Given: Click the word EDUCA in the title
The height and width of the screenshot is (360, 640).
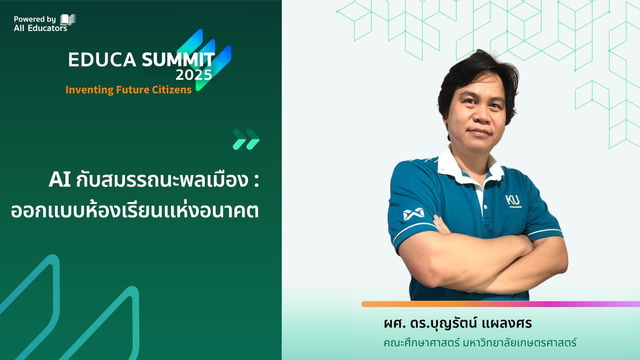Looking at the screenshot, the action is (x=102, y=60).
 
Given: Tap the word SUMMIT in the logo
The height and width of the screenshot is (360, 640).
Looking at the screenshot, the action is (x=178, y=60).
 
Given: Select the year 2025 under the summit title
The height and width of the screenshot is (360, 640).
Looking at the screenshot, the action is (x=194, y=75).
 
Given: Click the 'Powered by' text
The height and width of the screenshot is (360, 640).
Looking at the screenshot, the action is (x=35, y=19).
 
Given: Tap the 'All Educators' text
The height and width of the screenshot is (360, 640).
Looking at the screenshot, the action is (x=40, y=28).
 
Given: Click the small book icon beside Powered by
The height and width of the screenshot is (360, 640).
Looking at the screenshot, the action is (x=68, y=20).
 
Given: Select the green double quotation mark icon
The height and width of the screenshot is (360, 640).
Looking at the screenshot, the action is (x=246, y=139).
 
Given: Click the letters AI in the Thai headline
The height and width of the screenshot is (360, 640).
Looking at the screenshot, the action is (x=60, y=180).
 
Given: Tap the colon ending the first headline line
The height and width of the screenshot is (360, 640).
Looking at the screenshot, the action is (x=256, y=182).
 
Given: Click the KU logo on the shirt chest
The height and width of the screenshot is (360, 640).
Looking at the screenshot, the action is (x=513, y=200).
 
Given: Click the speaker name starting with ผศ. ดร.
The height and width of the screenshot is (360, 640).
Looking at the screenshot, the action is (x=458, y=323).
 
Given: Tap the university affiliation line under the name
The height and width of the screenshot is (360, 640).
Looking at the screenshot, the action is (x=480, y=343).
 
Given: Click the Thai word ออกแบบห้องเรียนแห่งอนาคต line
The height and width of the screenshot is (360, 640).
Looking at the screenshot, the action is (x=135, y=211).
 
